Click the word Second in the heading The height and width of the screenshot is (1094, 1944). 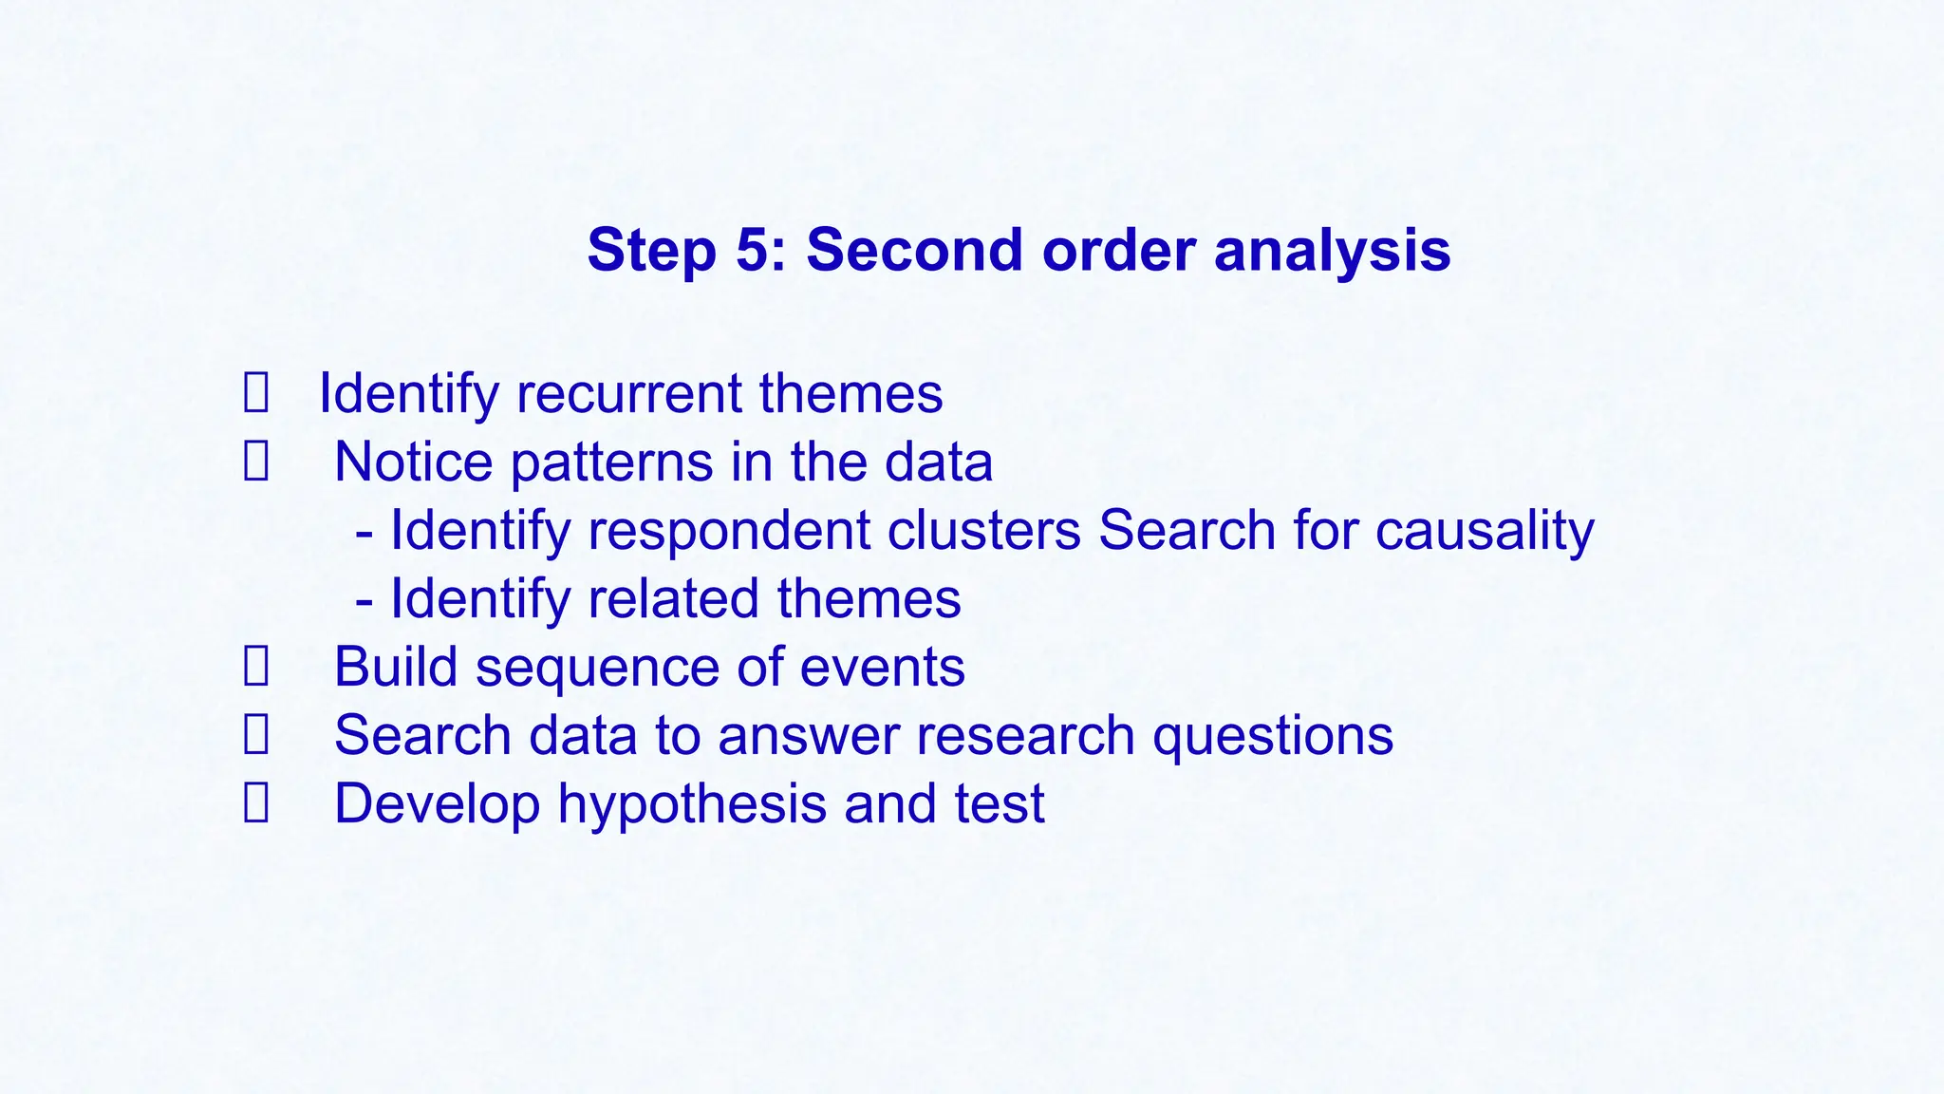point(914,250)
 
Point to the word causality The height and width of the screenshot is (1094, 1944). point(1485,530)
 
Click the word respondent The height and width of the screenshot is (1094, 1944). point(729,530)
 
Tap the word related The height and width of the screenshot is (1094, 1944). point(673,599)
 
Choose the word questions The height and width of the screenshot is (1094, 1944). point(1272,736)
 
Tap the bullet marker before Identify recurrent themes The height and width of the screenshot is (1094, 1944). point(255,393)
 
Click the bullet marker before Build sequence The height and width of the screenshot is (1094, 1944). point(255,667)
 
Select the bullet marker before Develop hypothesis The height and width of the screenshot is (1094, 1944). point(255,803)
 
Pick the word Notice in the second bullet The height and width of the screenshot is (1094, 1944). point(413,462)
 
